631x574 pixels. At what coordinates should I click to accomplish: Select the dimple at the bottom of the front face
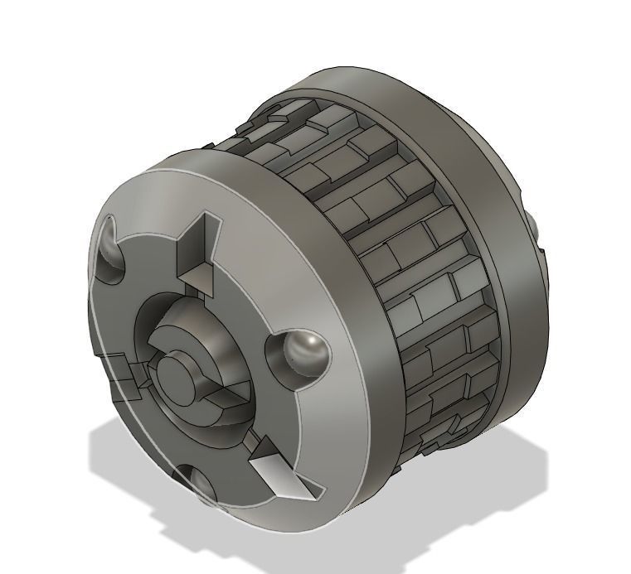coord(197,486)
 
